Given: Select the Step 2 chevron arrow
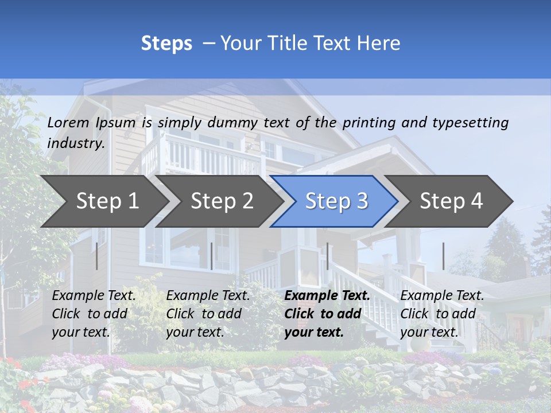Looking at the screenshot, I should (222, 201).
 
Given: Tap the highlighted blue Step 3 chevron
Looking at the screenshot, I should (336, 201).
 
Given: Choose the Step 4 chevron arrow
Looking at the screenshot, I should (451, 201).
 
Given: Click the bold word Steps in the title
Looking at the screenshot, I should (166, 44).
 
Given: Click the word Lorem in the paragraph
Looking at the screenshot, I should (68, 122).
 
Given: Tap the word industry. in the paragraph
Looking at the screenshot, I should (76, 143).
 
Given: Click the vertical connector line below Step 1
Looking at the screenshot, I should (97, 256).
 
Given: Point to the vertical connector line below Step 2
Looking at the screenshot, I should (212, 256).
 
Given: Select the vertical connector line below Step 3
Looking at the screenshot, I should (327, 256).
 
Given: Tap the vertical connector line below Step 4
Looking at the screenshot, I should (443, 256).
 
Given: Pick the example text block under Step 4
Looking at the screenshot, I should (442, 314).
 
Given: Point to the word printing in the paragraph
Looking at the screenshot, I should (369, 122).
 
